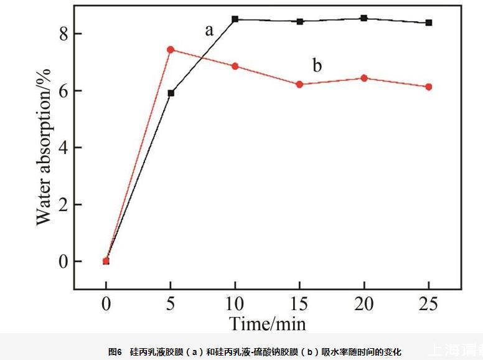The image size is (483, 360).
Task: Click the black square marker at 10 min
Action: [235, 19]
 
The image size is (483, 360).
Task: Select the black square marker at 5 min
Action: [171, 93]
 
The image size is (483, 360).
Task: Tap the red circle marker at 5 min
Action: [171, 49]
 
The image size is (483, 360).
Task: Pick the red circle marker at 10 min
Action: [235, 66]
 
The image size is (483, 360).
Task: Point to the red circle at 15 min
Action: [299, 84]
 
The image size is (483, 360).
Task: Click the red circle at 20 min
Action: [364, 78]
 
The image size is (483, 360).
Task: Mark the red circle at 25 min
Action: [428, 87]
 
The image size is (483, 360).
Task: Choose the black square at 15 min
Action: [299, 21]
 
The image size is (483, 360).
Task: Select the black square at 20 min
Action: [364, 18]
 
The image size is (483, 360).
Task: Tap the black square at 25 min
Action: [428, 22]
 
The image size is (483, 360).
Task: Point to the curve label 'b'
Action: [317, 65]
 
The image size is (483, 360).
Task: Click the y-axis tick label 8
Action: [62, 33]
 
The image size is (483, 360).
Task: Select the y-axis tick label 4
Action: [62, 148]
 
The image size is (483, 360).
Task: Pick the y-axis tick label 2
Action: [62, 204]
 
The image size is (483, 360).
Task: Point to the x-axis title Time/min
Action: [268, 323]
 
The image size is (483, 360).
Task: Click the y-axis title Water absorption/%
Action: [43, 147]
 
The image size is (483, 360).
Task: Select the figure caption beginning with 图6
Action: [255, 352]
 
